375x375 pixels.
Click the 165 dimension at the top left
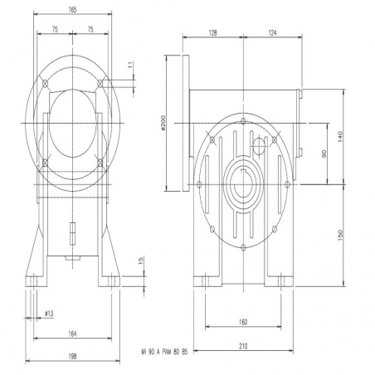[x=72, y=10]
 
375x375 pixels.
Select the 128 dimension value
[x=212, y=33]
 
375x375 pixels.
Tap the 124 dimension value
[x=272, y=33]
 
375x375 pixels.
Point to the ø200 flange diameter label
[x=163, y=123]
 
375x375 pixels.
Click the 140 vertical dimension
[x=340, y=137]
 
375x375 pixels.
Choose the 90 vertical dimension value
[x=324, y=153]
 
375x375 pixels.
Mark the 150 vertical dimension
[x=340, y=235]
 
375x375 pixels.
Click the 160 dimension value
[x=243, y=322]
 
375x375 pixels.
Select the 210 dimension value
[x=243, y=346]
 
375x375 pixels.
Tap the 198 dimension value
[x=72, y=357]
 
